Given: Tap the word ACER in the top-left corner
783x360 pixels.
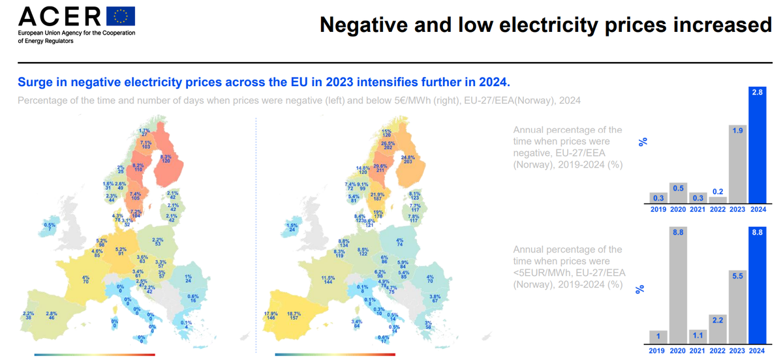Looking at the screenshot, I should (59, 16).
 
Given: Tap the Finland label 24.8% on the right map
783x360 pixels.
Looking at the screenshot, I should (408, 160).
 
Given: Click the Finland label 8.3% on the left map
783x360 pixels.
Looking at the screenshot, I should (166, 158).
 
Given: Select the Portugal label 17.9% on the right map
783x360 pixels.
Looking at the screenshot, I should (271, 316).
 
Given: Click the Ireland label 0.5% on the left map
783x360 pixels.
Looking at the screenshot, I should (50, 227).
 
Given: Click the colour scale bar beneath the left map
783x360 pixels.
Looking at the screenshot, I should (95, 355).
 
